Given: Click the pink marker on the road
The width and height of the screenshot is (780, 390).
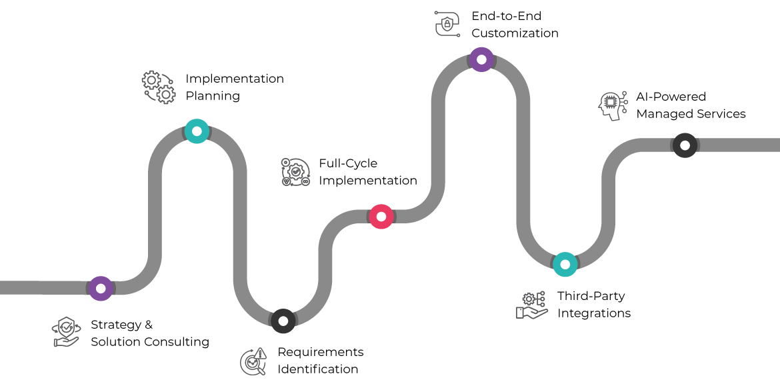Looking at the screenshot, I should coord(381,217).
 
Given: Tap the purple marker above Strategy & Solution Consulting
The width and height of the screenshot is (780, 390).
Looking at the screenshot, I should coord(101,289).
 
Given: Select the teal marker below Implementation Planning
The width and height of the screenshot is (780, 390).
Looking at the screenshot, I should coord(197,131).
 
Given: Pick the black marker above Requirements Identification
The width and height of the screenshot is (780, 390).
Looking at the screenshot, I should coord(283,321).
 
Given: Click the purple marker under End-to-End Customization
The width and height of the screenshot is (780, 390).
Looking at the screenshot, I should coord(481,59).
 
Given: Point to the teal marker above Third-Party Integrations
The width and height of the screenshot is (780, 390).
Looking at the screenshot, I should coord(565,265).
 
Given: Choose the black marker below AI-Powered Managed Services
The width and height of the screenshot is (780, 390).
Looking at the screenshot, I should coord(685,145).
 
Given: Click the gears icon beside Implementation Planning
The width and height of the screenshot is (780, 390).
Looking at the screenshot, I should coord(159,87).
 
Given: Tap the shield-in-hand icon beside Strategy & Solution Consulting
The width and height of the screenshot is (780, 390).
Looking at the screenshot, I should coord(66,332).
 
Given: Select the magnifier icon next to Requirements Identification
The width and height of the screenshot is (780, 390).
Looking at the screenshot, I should coord(253,361).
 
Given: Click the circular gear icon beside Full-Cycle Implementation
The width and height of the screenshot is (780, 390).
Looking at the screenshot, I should coord(295,172).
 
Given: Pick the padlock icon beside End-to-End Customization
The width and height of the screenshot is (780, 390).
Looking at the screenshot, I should coord(447,23).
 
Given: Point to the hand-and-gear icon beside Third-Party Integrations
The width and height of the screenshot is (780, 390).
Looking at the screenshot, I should coord(531,305).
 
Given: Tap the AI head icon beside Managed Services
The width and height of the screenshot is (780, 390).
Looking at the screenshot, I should coord(612,105).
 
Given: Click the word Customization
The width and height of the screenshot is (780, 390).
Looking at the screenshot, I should coord(515,33).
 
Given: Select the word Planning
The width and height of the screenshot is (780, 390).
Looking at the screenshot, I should coord(213,96).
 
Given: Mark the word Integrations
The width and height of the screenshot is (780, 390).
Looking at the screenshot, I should coord(594,313).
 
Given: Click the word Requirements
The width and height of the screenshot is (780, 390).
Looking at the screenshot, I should coord(321,352).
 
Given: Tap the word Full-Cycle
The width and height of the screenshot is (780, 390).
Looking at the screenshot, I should coord(348,163).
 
